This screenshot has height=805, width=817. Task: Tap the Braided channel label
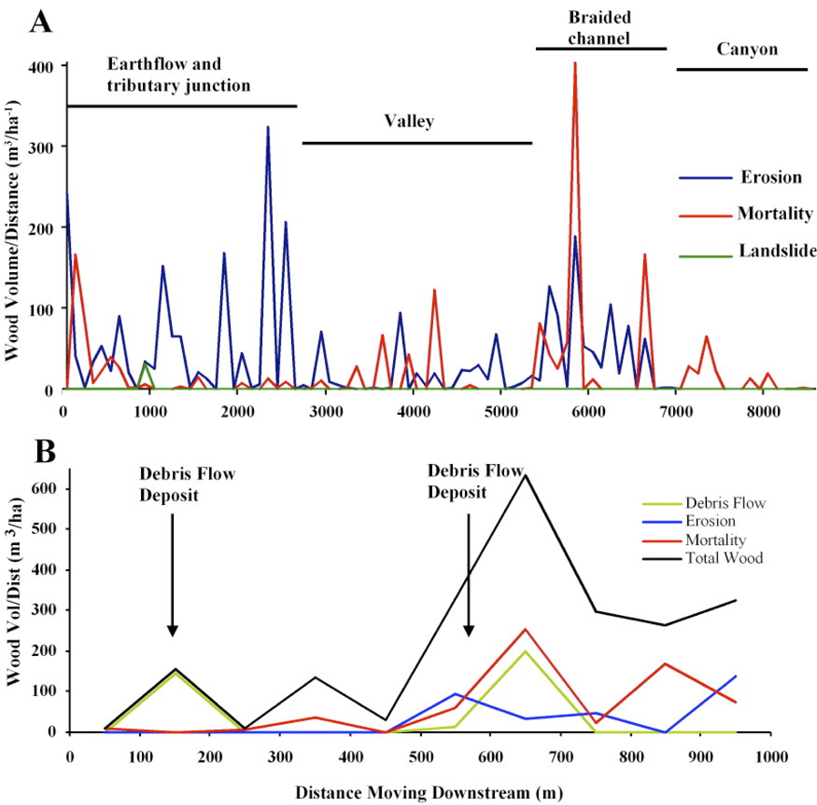600,27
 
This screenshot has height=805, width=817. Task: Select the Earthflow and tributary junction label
178,74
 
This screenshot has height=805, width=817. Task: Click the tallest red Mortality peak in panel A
574,64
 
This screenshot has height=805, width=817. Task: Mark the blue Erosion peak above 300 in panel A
267,127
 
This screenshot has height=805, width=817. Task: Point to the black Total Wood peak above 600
525,475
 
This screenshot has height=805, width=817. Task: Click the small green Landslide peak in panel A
144,365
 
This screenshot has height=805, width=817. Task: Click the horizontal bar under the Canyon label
741,69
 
